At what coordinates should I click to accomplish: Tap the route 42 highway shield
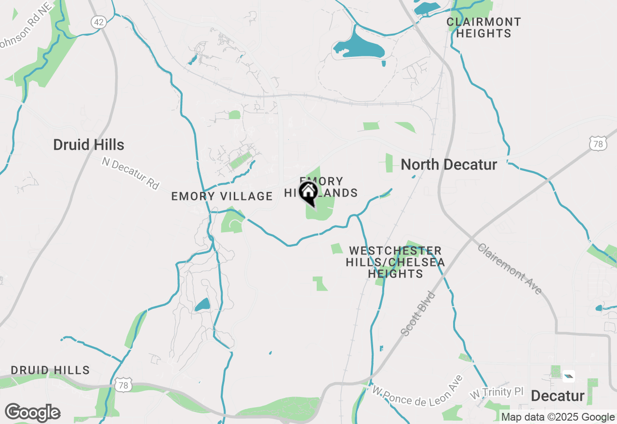point(98,22)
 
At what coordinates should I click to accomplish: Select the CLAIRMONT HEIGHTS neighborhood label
point(483,28)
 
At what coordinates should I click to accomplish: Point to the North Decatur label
point(449,165)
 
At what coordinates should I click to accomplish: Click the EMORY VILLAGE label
point(222,196)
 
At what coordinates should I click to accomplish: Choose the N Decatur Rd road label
point(130,173)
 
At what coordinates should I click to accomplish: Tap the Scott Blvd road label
point(418,313)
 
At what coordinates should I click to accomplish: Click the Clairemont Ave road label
point(510,268)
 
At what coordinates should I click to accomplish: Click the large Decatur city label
point(558,396)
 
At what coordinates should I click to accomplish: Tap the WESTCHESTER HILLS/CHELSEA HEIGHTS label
point(395,262)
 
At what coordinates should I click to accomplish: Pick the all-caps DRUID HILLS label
point(50,371)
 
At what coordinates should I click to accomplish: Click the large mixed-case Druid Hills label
point(89,145)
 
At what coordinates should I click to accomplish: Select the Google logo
point(32,413)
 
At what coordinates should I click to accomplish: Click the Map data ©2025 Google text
point(558,417)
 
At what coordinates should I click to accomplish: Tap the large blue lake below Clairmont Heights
point(359,45)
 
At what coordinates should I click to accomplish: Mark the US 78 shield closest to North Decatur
point(598,144)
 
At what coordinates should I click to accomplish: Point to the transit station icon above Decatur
point(569,376)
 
